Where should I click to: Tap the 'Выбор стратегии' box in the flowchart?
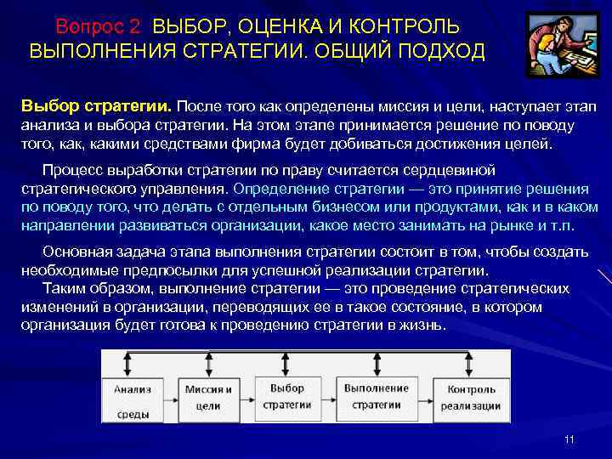point(287,396)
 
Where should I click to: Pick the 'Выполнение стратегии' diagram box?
point(377,396)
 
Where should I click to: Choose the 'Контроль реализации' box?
point(473,397)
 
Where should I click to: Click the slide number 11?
point(569,439)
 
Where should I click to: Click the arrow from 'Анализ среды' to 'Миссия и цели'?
point(168,396)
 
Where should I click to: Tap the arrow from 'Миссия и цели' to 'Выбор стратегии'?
point(246,396)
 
